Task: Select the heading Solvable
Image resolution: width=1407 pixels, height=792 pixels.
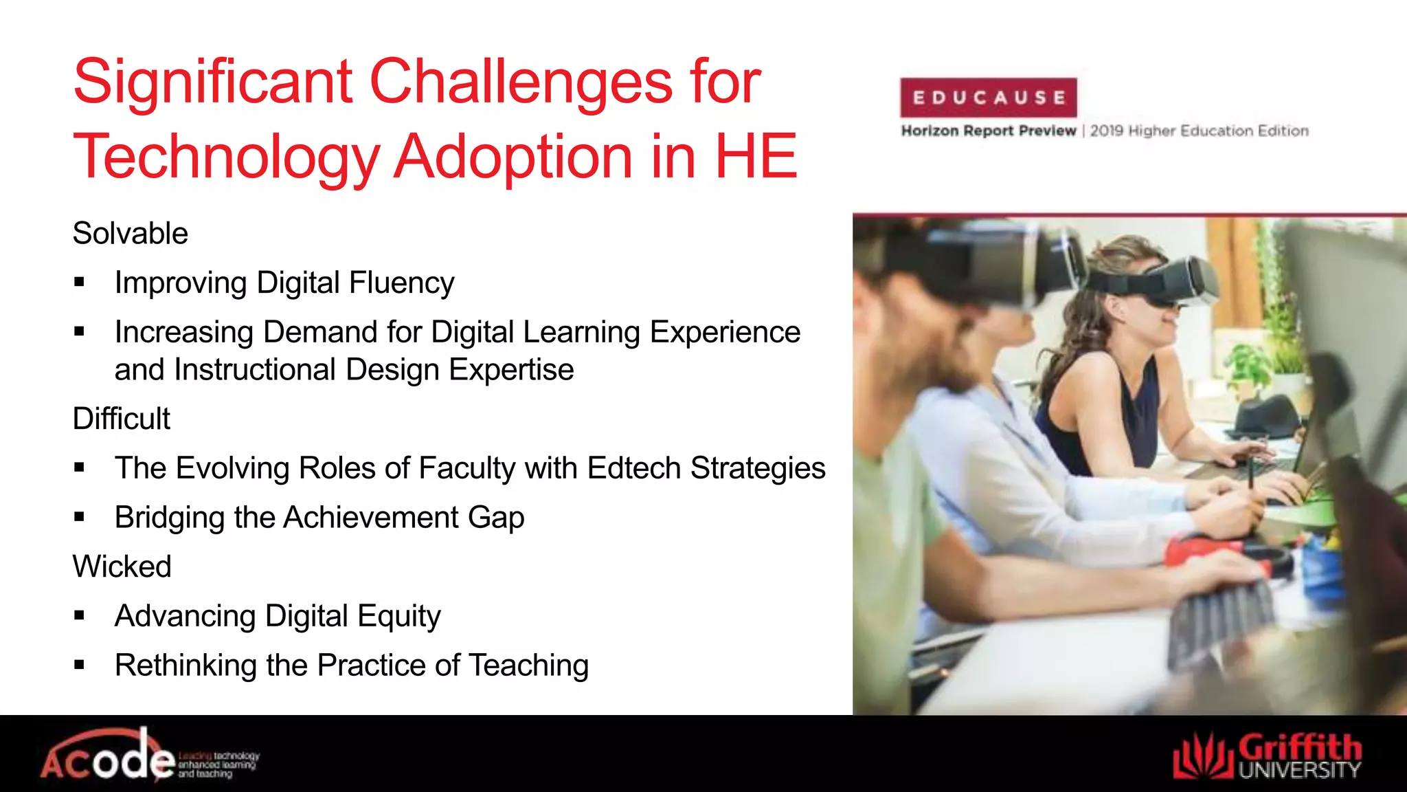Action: tap(130, 234)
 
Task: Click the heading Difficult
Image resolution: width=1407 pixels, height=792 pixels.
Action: tap(122, 419)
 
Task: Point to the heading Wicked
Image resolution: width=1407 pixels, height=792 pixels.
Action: tap(122, 566)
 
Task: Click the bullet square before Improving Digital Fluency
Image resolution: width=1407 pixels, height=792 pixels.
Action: tap(80, 283)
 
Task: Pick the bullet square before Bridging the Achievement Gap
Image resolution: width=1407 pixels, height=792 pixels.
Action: tap(80, 518)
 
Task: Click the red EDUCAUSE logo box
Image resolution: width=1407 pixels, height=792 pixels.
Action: tap(988, 98)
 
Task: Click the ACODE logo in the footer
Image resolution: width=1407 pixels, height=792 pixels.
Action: tap(110, 757)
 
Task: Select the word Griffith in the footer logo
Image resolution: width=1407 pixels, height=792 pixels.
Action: tap(1300, 748)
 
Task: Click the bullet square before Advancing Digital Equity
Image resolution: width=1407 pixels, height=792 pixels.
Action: tap(80, 616)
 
